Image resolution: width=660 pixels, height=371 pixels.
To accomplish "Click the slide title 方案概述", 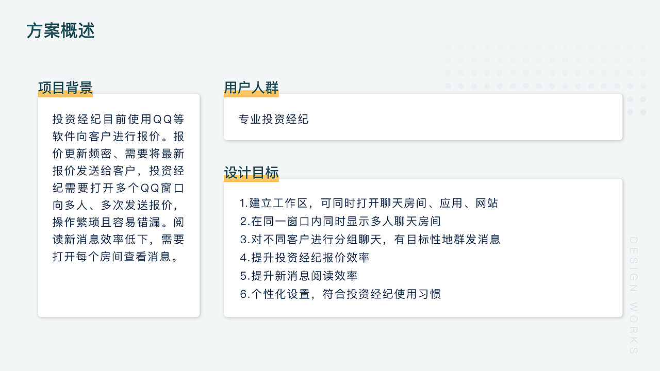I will [x=61, y=31].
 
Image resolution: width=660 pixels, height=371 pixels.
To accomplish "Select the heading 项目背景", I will [x=65, y=88].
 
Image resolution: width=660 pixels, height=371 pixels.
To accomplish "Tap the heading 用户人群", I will [x=251, y=88].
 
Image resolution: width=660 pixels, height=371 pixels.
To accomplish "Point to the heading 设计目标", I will [x=251, y=173].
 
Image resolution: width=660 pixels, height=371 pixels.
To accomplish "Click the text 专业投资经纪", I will [x=273, y=120].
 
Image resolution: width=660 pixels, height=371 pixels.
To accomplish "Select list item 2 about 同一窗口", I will [x=340, y=222].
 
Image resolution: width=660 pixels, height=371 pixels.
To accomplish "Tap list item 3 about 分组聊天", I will [x=370, y=240].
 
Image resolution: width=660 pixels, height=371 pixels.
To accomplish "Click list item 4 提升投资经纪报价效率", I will [x=304, y=258].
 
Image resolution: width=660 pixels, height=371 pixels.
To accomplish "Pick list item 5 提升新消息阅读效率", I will [x=299, y=276].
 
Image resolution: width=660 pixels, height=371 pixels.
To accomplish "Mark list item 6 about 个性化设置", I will [x=340, y=294].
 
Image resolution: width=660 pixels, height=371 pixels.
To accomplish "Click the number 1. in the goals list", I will [x=244, y=203].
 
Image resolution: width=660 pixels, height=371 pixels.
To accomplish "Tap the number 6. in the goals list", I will [x=244, y=294].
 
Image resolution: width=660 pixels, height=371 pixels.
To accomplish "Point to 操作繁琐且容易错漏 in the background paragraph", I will [x=106, y=222].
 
